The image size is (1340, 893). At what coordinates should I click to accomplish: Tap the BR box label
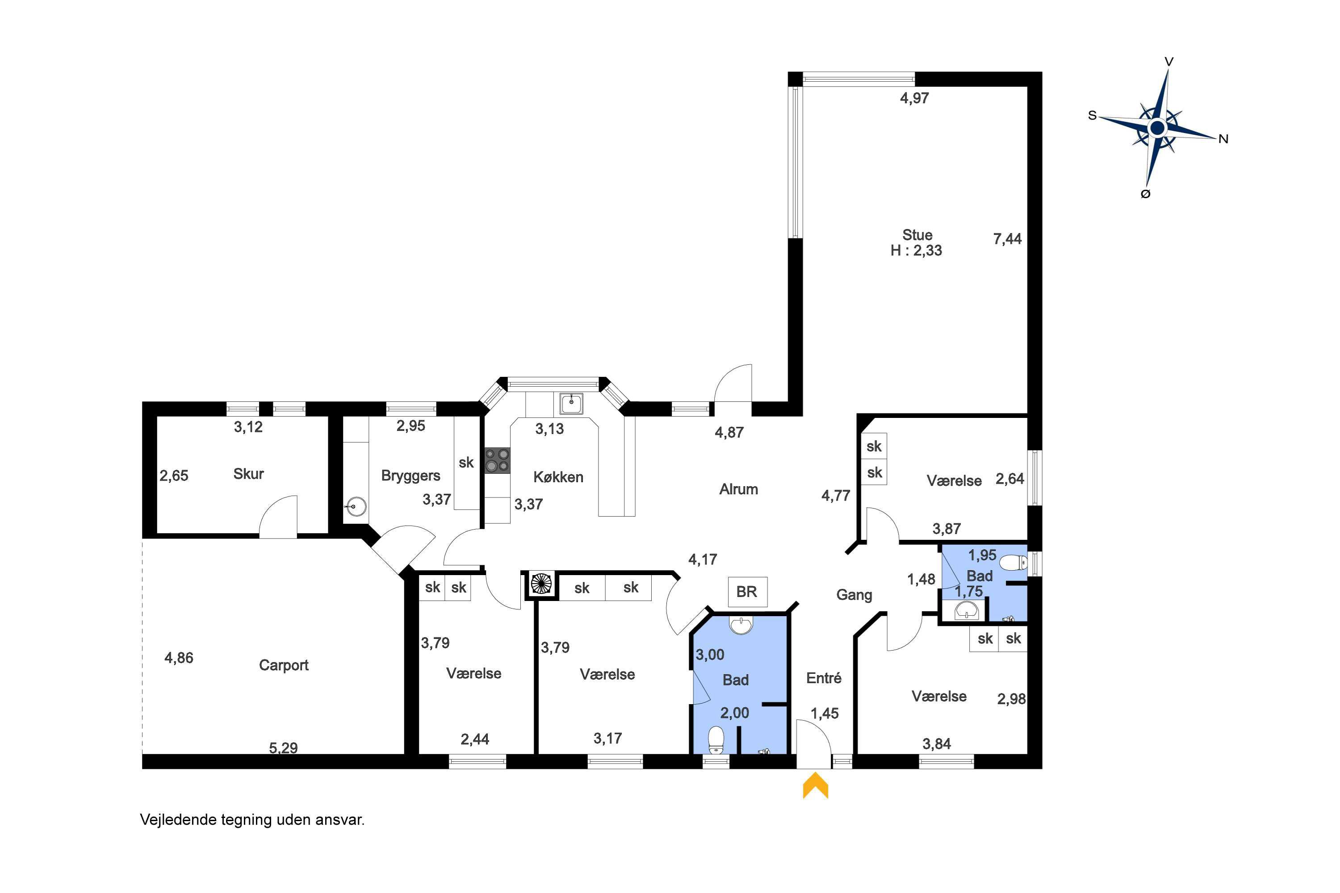(x=746, y=592)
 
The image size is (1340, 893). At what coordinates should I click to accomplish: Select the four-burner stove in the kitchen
(x=498, y=461)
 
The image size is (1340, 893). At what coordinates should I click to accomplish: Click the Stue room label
(x=917, y=235)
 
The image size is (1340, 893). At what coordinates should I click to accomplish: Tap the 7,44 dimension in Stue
(x=1007, y=239)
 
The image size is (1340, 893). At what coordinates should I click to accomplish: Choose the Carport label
(x=284, y=665)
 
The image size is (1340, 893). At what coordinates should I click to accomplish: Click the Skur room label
(x=248, y=474)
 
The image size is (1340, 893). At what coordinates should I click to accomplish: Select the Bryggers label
(x=411, y=476)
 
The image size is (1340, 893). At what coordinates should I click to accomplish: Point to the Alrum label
(x=738, y=489)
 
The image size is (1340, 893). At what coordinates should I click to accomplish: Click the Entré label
(x=824, y=678)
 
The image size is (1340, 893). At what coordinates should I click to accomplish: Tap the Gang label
(x=854, y=595)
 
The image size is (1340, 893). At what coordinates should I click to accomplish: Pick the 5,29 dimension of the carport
(x=283, y=748)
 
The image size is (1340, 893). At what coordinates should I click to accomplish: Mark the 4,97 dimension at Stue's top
(x=914, y=98)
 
